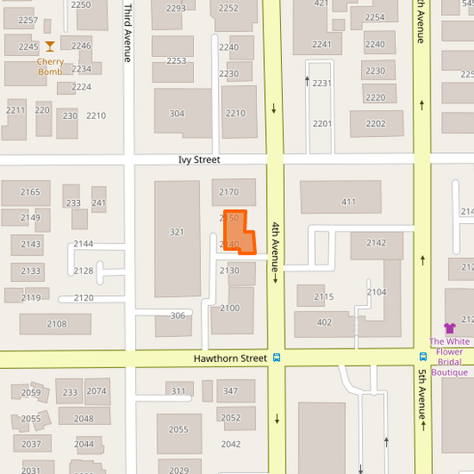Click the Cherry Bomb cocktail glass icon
pyautogui.click(x=50, y=46)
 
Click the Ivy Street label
pyautogui.click(x=198, y=160)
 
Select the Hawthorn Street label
pyautogui.click(x=230, y=358)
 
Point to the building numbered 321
pyautogui.click(x=177, y=233)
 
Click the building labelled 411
pyautogui.click(x=348, y=201)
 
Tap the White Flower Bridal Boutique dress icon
pyautogui.click(x=449, y=328)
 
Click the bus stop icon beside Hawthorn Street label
pyautogui.click(x=277, y=358)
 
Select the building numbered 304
pyautogui.click(x=178, y=113)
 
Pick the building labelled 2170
pyautogui.click(x=229, y=191)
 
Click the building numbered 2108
pyautogui.click(x=56, y=324)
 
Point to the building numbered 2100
pyautogui.click(x=230, y=309)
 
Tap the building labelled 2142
pyautogui.click(x=376, y=243)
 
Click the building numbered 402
pyautogui.click(x=324, y=322)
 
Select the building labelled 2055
pyautogui.click(x=179, y=430)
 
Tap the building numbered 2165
pyautogui.click(x=30, y=192)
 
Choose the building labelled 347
pyautogui.click(x=230, y=391)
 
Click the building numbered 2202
pyautogui.click(x=375, y=124)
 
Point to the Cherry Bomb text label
pyautogui.click(x=50, y=67)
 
